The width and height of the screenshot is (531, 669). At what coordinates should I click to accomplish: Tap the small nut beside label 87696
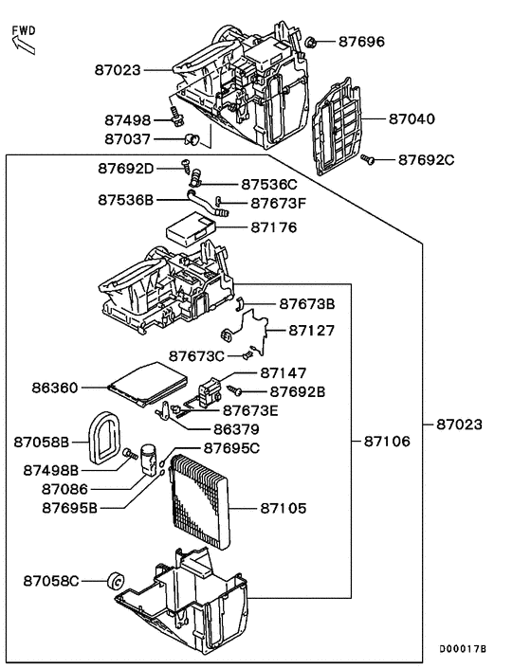(x=311, y=42)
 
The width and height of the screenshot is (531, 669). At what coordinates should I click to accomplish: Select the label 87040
(x=412, y=119)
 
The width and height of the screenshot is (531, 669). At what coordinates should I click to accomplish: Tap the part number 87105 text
(x=285, y=508)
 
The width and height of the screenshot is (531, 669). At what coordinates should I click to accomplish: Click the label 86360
(x=55, y=388)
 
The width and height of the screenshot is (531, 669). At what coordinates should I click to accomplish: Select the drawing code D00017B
(x=462, y=649)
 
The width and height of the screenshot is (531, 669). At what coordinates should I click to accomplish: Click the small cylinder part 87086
(x=147, y=455)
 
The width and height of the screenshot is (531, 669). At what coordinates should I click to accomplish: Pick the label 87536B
(x=125, y=200)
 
